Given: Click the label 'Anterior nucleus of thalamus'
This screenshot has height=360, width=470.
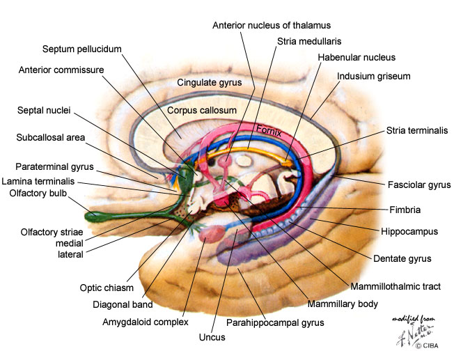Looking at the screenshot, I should (272, 26).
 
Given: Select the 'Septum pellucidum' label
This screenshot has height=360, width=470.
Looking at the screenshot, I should (82, 49).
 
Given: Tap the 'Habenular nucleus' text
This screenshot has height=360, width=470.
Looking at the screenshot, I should (356, 57).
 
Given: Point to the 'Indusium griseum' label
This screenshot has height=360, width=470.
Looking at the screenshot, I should (373, 75).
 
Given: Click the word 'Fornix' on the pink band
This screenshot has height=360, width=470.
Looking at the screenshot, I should (269, 130).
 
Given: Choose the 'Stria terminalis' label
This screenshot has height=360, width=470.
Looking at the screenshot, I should (417, 130).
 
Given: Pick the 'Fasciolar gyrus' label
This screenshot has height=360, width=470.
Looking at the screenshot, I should (419, 185).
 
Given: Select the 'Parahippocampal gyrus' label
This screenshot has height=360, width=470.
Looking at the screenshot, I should (275, 322).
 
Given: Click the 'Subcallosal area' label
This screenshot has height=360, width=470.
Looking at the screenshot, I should (51, 137).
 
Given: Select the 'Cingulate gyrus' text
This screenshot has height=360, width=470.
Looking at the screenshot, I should (210, 82).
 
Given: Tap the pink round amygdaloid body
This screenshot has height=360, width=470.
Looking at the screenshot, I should (210, 235).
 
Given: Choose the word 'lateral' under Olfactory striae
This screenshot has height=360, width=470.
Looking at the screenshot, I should (70, 254).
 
